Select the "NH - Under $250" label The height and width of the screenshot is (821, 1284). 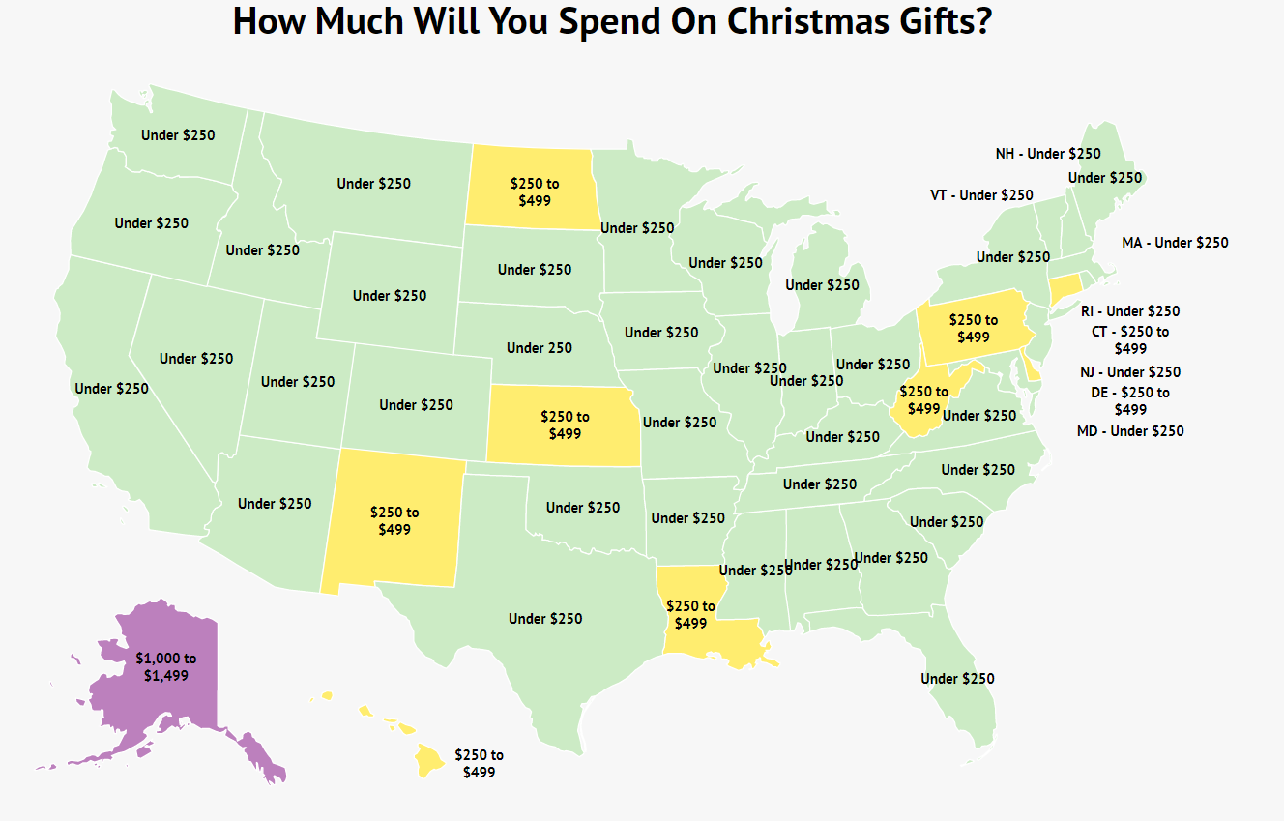tap(1048, 153)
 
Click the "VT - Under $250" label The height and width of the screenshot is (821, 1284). tap(981, 194)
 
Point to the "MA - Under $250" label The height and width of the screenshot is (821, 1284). tap(1175, 242)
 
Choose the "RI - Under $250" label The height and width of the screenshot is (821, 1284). tap(1130, 311)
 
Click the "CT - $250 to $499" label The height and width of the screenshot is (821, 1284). tap(1130, 339)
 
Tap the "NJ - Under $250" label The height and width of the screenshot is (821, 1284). tap(1130, 371)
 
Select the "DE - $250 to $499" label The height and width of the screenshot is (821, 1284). tap(1130, 400)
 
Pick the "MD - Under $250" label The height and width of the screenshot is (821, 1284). tap(1130, 430)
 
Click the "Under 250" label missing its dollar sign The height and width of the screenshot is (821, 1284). tap(540, 347)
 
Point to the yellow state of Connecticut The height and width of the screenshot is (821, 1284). tap(1065, 287)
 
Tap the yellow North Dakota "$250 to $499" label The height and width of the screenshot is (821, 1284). tap(535, 191)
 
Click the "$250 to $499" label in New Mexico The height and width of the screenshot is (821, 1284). tap(394, 520)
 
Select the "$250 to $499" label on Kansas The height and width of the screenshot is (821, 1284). tap(565, 425)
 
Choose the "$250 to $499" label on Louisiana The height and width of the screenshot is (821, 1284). tap(690, 614)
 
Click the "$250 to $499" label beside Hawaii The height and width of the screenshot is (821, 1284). tap(479, 763)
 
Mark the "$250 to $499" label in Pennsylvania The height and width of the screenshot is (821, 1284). tap(974, 328)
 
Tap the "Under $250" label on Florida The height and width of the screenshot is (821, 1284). tap(957, 678)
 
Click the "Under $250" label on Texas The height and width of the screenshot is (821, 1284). tap(545, 618)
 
